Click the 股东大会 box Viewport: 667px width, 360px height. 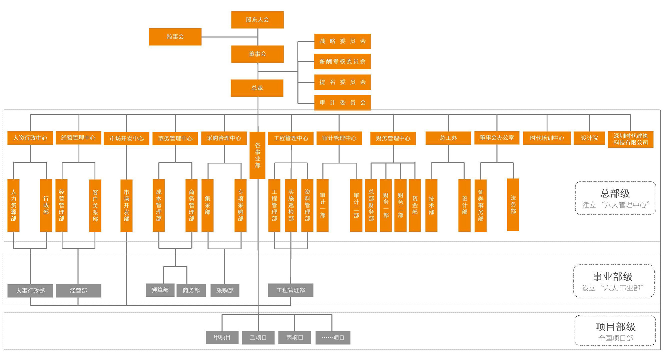pyautogui.click(x=257, y=20)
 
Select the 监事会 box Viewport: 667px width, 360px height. pyautogui.click(x=175, y=37)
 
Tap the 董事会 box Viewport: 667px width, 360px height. pyautogui.click(x=257, y=54)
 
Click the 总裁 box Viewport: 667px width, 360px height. pyautogui.click(x=257, y=88)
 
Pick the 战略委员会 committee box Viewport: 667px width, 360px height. pyautogui.click(x=343, y=41)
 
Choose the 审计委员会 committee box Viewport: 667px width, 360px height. pyautogui.click(x=343, y=103)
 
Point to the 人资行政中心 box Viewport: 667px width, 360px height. pyautogui.click(x=30, y=138)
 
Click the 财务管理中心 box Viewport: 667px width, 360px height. pyautogui.click(x=393, y=138)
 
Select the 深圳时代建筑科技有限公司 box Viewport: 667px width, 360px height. pyautogui.click(x=631, y=139)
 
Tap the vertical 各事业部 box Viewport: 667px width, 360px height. pyautogui.click(x=257, y=155)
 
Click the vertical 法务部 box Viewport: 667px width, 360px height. pyautogui.click(x=513, y=205)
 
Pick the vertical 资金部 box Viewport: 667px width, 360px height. pyautogui.click(x=415, y=205)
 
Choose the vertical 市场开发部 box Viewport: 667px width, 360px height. pyautogui.click(x=126, y=205)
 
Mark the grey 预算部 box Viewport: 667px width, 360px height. pyautogui.click(x=160, y=290)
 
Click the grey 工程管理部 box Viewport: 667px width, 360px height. pyautogui.click(x=290, y=290)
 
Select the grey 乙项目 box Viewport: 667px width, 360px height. pyautogui.click(x=258, y=338)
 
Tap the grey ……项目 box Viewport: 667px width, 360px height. pyautogui.click(x=333, y=338)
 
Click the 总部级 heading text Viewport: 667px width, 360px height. pyautogui.click(x=615, y=193)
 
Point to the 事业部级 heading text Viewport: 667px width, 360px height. pyautogui.click(x=613, y=276)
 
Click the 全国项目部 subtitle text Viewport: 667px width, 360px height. pyautogui.click(x=616, y=338)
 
